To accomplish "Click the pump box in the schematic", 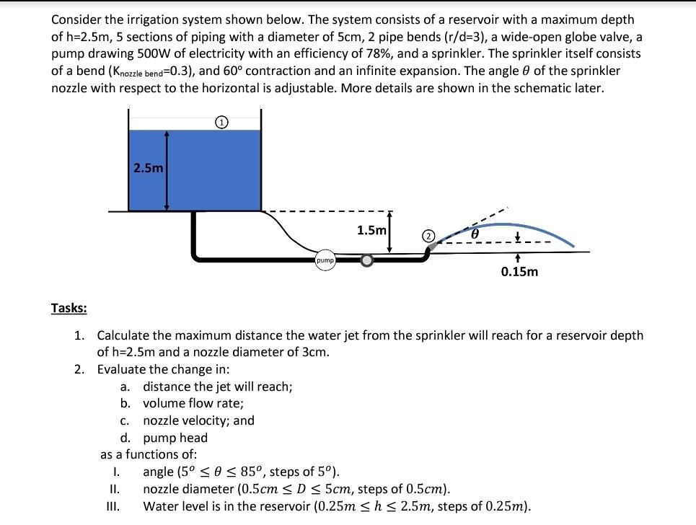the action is coord(325,260).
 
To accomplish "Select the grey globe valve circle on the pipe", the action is coord(367,260).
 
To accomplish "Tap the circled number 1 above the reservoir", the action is coord(223,123).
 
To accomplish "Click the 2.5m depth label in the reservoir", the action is coord(149,168).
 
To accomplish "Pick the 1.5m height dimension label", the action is coord(372,230).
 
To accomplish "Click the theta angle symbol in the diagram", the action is coord(475,234).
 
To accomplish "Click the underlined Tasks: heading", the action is coord(69,308).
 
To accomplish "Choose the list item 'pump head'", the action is coord(175,438).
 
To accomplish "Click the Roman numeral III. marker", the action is coord(113,506).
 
